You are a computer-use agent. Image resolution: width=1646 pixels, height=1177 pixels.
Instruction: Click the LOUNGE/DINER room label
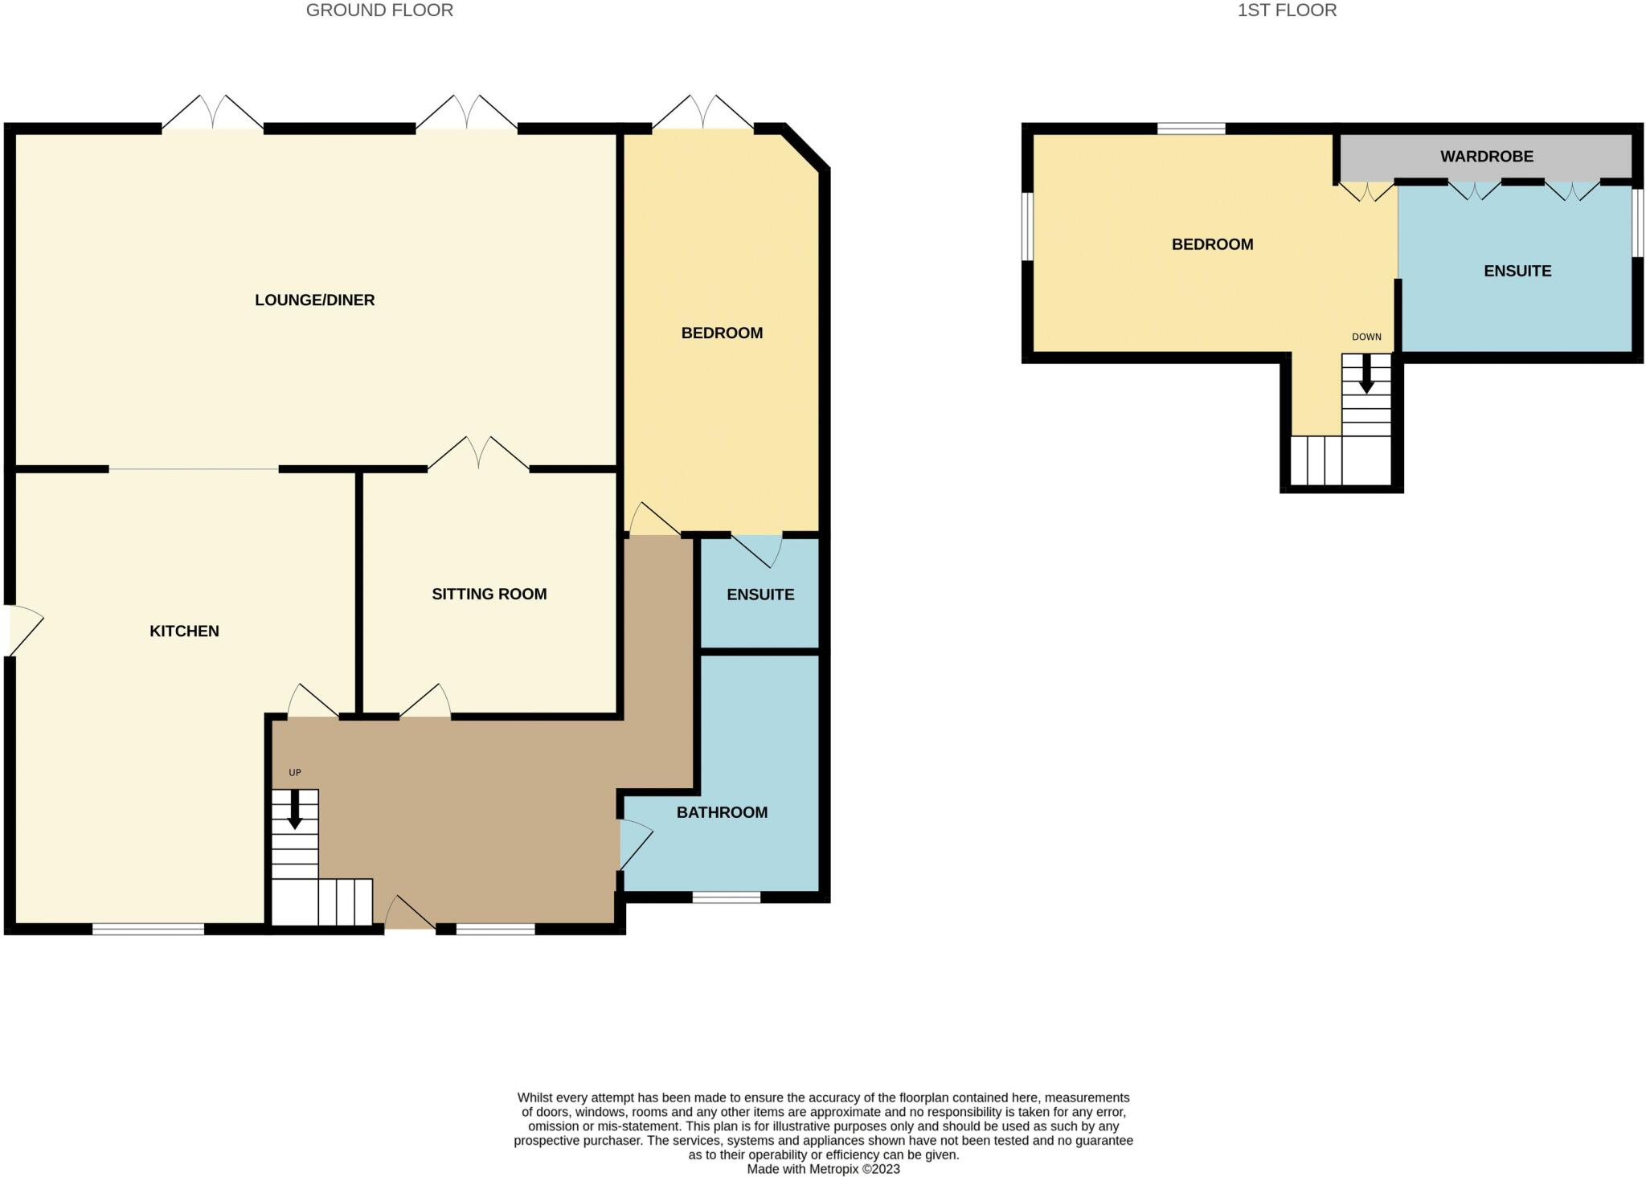[314, 300]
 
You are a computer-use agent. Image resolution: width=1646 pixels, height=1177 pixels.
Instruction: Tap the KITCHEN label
[184, 631]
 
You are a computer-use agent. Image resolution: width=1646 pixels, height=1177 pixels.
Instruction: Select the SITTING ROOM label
[489, 594]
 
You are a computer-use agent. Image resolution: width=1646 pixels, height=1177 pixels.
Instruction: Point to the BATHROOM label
[722, 812]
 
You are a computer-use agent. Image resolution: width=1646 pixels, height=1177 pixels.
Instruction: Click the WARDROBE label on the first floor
[1486, 157]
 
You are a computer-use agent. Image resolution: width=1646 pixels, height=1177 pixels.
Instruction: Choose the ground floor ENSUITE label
[760, 595]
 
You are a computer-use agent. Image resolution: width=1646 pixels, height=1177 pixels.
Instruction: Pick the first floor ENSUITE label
[1517, 271]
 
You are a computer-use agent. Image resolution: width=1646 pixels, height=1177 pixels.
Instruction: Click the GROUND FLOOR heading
[379, 10]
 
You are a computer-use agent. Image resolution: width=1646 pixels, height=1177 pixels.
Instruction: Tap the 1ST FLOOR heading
[1287, 10]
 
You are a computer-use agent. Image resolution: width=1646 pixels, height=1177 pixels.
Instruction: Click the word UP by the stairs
[295, 773]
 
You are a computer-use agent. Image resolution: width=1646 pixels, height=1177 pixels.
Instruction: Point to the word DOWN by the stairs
[1366, 337]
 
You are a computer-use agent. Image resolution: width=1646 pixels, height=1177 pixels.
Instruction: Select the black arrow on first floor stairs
[1366, 376]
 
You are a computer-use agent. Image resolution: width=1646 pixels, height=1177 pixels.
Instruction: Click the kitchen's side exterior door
[24, 629]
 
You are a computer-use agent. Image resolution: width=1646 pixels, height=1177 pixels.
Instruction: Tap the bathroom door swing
[635, 844]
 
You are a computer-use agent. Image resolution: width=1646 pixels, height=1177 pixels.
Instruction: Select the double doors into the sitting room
[478, 455]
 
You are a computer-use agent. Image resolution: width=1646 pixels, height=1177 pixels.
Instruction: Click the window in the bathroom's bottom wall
[726, 897]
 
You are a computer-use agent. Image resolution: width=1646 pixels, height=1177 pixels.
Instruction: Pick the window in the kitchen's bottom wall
[148, 930]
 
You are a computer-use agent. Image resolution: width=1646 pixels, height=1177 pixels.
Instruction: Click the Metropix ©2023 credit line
[823, 1169]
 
